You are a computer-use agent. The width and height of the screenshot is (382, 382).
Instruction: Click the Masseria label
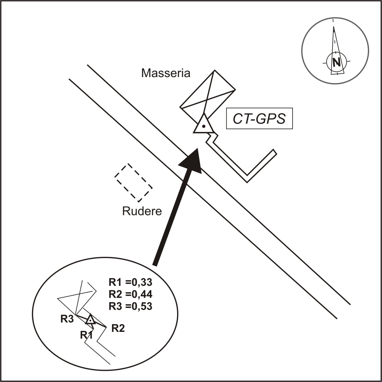coord(166,73)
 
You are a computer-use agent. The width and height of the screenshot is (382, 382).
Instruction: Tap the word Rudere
coord(142,211)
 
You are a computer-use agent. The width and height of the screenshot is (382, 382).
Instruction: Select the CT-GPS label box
coord(259,119)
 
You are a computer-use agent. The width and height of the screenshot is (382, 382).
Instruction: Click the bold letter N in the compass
coord(336,62)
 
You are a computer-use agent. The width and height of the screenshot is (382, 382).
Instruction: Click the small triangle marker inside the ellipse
coord(90,320)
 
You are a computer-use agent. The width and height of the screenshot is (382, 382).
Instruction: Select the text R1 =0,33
coord(130,282)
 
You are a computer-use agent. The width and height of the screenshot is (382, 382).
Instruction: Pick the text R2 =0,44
coord(130,294)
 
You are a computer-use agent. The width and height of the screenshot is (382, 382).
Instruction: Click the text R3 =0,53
coord(130,306)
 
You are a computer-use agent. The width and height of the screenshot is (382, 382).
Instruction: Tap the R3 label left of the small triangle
coord(67,319)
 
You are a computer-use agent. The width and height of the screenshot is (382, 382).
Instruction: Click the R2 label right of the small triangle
coord(118,329)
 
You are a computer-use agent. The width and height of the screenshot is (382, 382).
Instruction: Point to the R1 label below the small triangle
coord(86,335)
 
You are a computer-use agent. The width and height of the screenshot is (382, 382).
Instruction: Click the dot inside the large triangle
coord(203,127)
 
